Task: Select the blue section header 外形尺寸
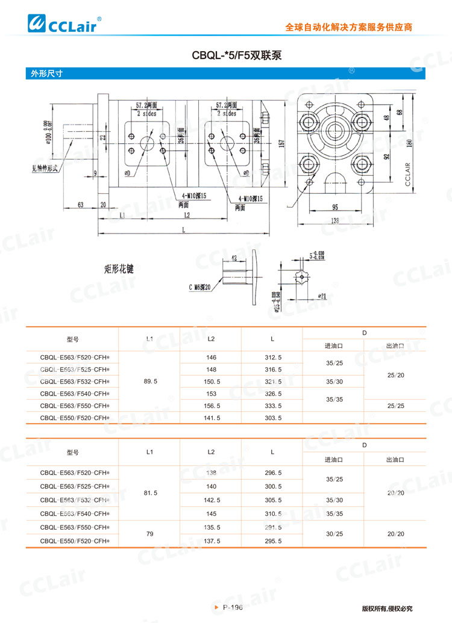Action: tap(48, 74)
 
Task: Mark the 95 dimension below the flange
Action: tap(335, 208)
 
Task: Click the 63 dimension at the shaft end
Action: tap(81, 205)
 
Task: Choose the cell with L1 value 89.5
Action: tap(151, 381)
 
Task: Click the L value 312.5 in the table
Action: tap(273, 357)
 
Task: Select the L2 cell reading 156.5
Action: tap(212, 405)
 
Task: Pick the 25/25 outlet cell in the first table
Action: tap(395, 406)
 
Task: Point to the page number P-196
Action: tap(233, 608)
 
